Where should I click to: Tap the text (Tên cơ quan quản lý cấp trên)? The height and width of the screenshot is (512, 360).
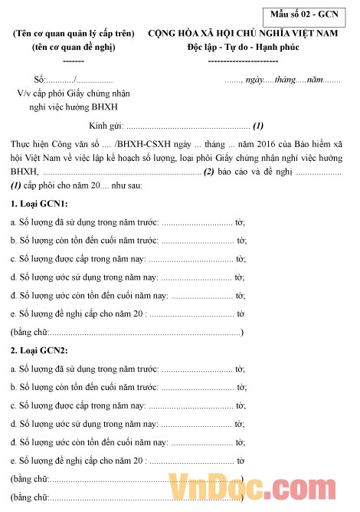74,34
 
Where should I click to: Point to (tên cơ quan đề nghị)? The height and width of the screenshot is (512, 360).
74,48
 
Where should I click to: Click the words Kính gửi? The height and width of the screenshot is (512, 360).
104,126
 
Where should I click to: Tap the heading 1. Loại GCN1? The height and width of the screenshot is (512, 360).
39,203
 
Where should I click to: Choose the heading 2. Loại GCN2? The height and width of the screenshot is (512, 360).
39,350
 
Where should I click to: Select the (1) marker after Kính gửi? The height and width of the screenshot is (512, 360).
258,126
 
